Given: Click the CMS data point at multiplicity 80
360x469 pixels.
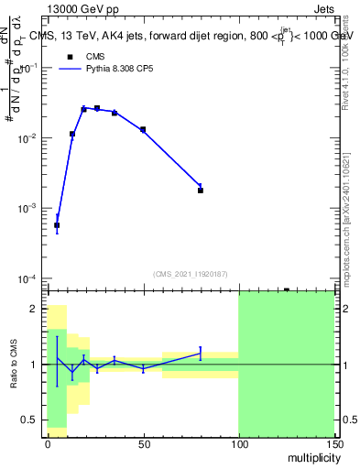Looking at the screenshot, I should (x=201, y=191).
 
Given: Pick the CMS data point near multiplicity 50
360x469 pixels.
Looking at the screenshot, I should (x=143, y=130).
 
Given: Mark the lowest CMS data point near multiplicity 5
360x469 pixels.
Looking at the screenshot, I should (x=57, y=225).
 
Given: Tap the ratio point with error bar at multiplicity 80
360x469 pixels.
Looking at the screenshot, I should (x=201, y=352).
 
